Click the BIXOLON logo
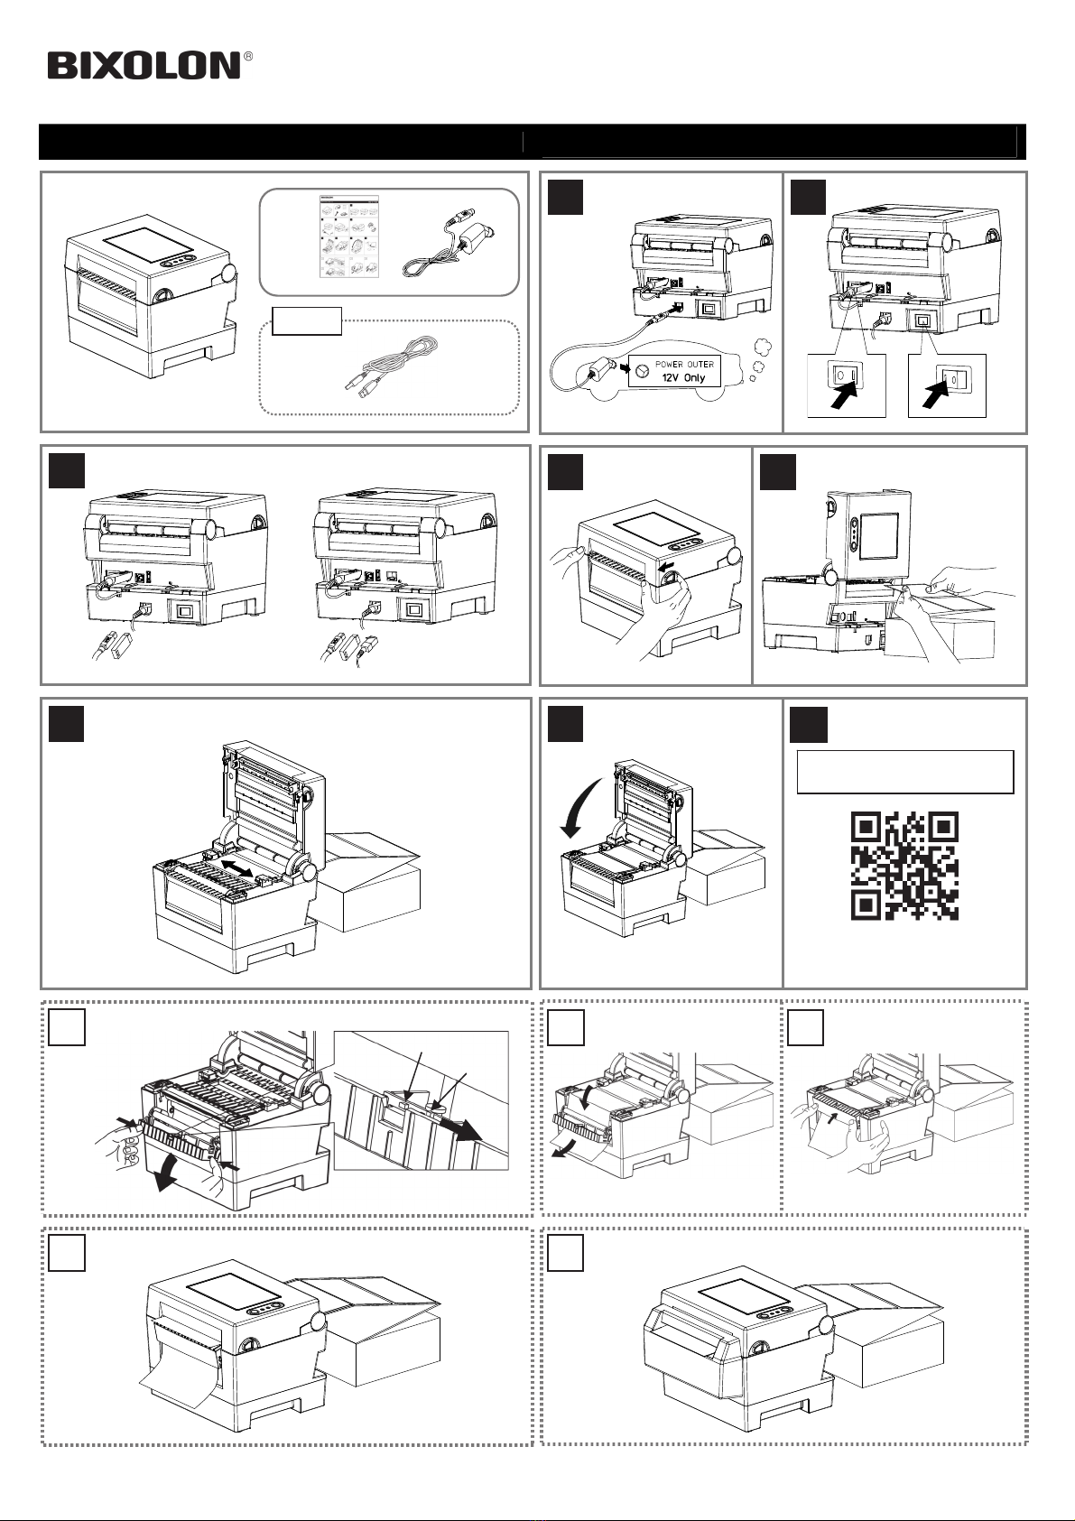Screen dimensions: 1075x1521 tap(144, 65)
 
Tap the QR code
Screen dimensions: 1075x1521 tap(904, 866)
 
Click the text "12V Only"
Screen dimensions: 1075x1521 tap(681, 377)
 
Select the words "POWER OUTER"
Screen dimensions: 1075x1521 tap(684, 365)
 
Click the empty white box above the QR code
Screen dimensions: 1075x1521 tap(904, 772)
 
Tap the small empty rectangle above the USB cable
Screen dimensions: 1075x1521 tap(307, 320)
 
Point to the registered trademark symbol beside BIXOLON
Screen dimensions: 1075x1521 tap(247, 57)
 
